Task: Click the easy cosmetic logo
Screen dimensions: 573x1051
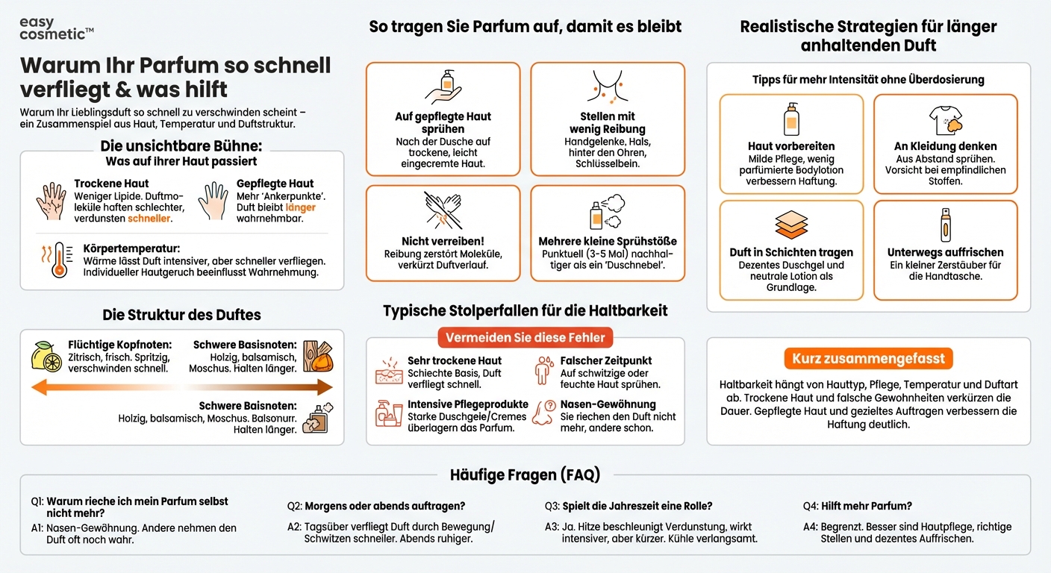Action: [x=56, y=28]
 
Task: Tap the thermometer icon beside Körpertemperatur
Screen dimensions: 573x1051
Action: [x=57, y=260]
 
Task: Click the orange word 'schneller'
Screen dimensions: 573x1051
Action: [x=149, y=219]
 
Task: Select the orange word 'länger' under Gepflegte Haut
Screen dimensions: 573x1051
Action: [x=300, y=207]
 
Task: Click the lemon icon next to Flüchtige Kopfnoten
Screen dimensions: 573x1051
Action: [x=46, y=357]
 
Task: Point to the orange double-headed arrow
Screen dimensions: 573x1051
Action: [x=181, y=386]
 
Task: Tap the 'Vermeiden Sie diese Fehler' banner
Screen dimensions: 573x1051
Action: [x=525, y=337]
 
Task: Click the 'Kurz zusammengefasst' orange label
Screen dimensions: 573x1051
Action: [x=868, y=358]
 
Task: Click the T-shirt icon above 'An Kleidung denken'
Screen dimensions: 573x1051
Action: [x=945, y=119]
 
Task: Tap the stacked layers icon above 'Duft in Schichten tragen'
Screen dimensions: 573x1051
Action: [x=791, y=225]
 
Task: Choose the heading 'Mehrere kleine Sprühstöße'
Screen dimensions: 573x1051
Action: [x=608, y=241]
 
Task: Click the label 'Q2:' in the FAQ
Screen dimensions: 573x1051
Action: [x=294, y=506]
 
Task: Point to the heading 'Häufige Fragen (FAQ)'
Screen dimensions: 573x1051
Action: [x=525, y=474]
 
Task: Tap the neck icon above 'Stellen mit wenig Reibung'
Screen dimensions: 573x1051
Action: [x=607, y=88]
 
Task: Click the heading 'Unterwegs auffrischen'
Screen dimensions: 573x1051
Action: [x=945, y=252]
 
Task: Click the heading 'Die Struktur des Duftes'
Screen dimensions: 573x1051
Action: [x=181, y=314]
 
